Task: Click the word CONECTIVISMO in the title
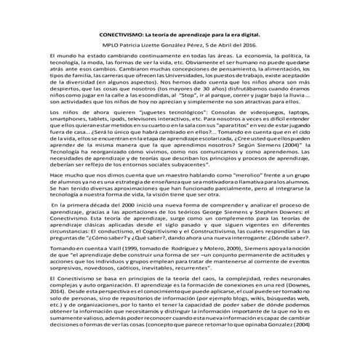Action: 121,34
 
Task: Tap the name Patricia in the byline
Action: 136,45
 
